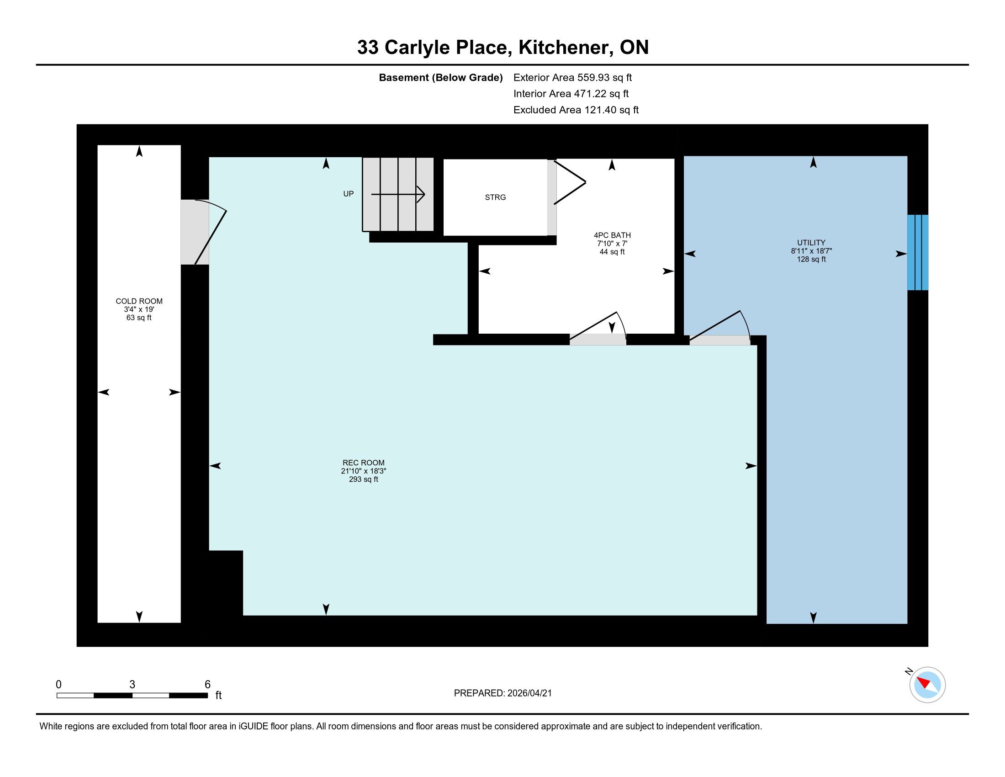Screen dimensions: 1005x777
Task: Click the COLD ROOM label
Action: [139, 301]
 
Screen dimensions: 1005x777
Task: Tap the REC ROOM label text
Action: [363, 463]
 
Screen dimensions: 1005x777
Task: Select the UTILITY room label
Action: [811, 243]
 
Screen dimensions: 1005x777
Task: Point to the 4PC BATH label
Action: [612, 235]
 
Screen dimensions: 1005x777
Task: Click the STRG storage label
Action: [495, 197]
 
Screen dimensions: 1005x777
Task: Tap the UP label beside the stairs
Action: [349, 194]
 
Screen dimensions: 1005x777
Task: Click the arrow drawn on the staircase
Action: [398, 194]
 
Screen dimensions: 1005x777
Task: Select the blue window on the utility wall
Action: [918, 252]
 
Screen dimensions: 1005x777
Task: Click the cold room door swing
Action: [211, 232]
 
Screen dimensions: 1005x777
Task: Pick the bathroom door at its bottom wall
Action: [598, 329]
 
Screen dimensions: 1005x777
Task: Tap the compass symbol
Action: [927, 685]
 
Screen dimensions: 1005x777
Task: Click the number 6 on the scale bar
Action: [207, 685]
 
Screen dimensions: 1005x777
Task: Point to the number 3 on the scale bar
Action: [132, 685]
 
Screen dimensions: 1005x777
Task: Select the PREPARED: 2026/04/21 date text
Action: [503, 693]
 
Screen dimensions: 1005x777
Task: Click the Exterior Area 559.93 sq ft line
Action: [572, 77]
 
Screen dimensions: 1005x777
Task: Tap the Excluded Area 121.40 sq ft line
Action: [576, 110]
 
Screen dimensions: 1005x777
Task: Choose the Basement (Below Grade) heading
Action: [440, 77]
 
